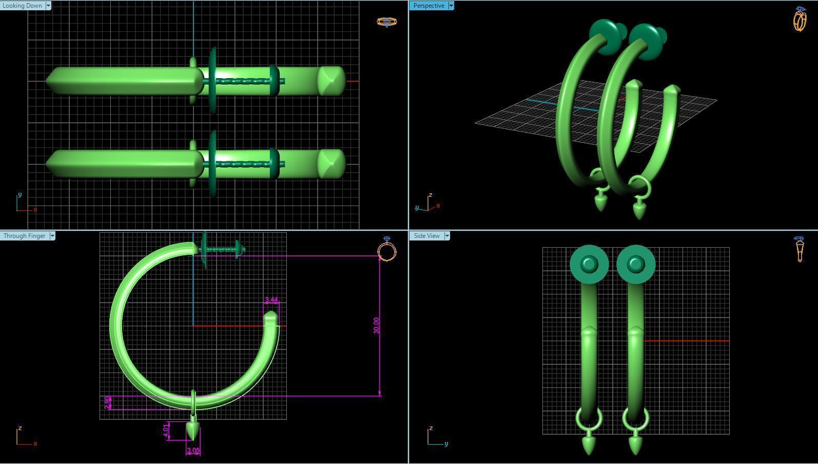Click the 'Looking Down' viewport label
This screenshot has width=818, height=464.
(22, 6)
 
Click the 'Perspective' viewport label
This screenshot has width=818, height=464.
(429, 6)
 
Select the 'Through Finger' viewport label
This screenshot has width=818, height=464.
(24, 236)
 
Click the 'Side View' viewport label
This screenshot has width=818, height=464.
(426, 236)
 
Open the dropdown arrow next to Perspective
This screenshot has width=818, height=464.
(451, 6)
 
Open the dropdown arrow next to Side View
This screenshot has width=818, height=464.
(447, 236)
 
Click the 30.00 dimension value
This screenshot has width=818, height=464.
(376, 325)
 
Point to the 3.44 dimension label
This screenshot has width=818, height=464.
(271, 300)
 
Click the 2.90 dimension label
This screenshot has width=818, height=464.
(107, 402)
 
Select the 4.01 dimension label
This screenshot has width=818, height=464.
(166, 431)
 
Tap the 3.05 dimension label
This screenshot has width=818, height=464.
(193, 451)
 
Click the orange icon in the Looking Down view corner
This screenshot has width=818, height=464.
(386, 22)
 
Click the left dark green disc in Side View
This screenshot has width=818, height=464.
(589, 264)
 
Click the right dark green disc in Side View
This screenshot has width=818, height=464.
(636, 264)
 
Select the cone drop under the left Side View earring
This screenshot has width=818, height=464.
(589, 444)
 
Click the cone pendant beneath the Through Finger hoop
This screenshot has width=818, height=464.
(193, 430)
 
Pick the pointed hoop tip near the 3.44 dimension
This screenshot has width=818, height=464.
(270, 318)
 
